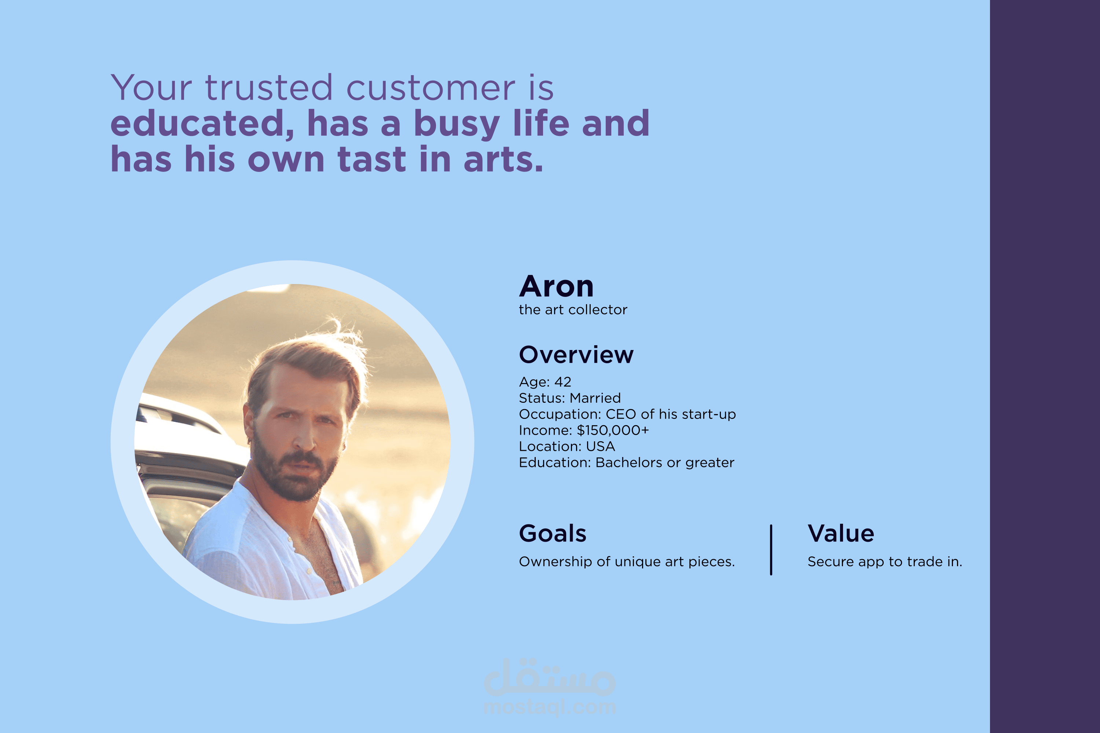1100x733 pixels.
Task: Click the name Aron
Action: [x=556, y=286]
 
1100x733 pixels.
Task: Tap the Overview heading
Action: [x=576, y=354]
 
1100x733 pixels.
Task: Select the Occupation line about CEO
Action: [x=627, y=414]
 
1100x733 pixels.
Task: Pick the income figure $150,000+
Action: [x=613, y=430]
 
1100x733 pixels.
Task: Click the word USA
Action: [x=601, y=446]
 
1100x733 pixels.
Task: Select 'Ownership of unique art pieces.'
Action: [x=627, y=561]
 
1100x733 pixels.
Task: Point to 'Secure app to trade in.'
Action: [x=885, y=561]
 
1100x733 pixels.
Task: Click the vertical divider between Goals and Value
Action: [x=771, y=550]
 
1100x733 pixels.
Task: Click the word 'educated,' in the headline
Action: [x=202, y=124]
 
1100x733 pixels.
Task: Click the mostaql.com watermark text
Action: [x=550, y=707]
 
